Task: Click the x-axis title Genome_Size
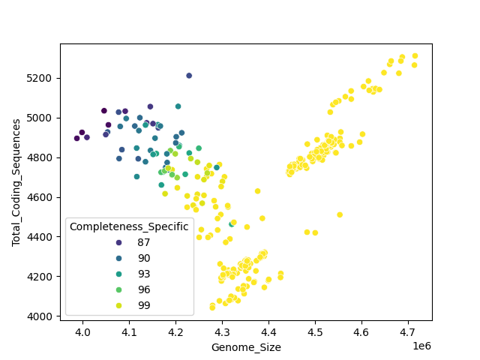pyautogui.click(x=246, y=347)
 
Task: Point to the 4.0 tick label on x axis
pyautogui.click(x=82, y=331)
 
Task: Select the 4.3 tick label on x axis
pyautogui.click(x=222, y=331)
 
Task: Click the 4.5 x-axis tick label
pyautogui.click(x=315, y=331)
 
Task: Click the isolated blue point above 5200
pyautogui.click(x=189, y=76)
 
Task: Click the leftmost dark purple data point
pyautogui.click(x=76, y=138)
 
